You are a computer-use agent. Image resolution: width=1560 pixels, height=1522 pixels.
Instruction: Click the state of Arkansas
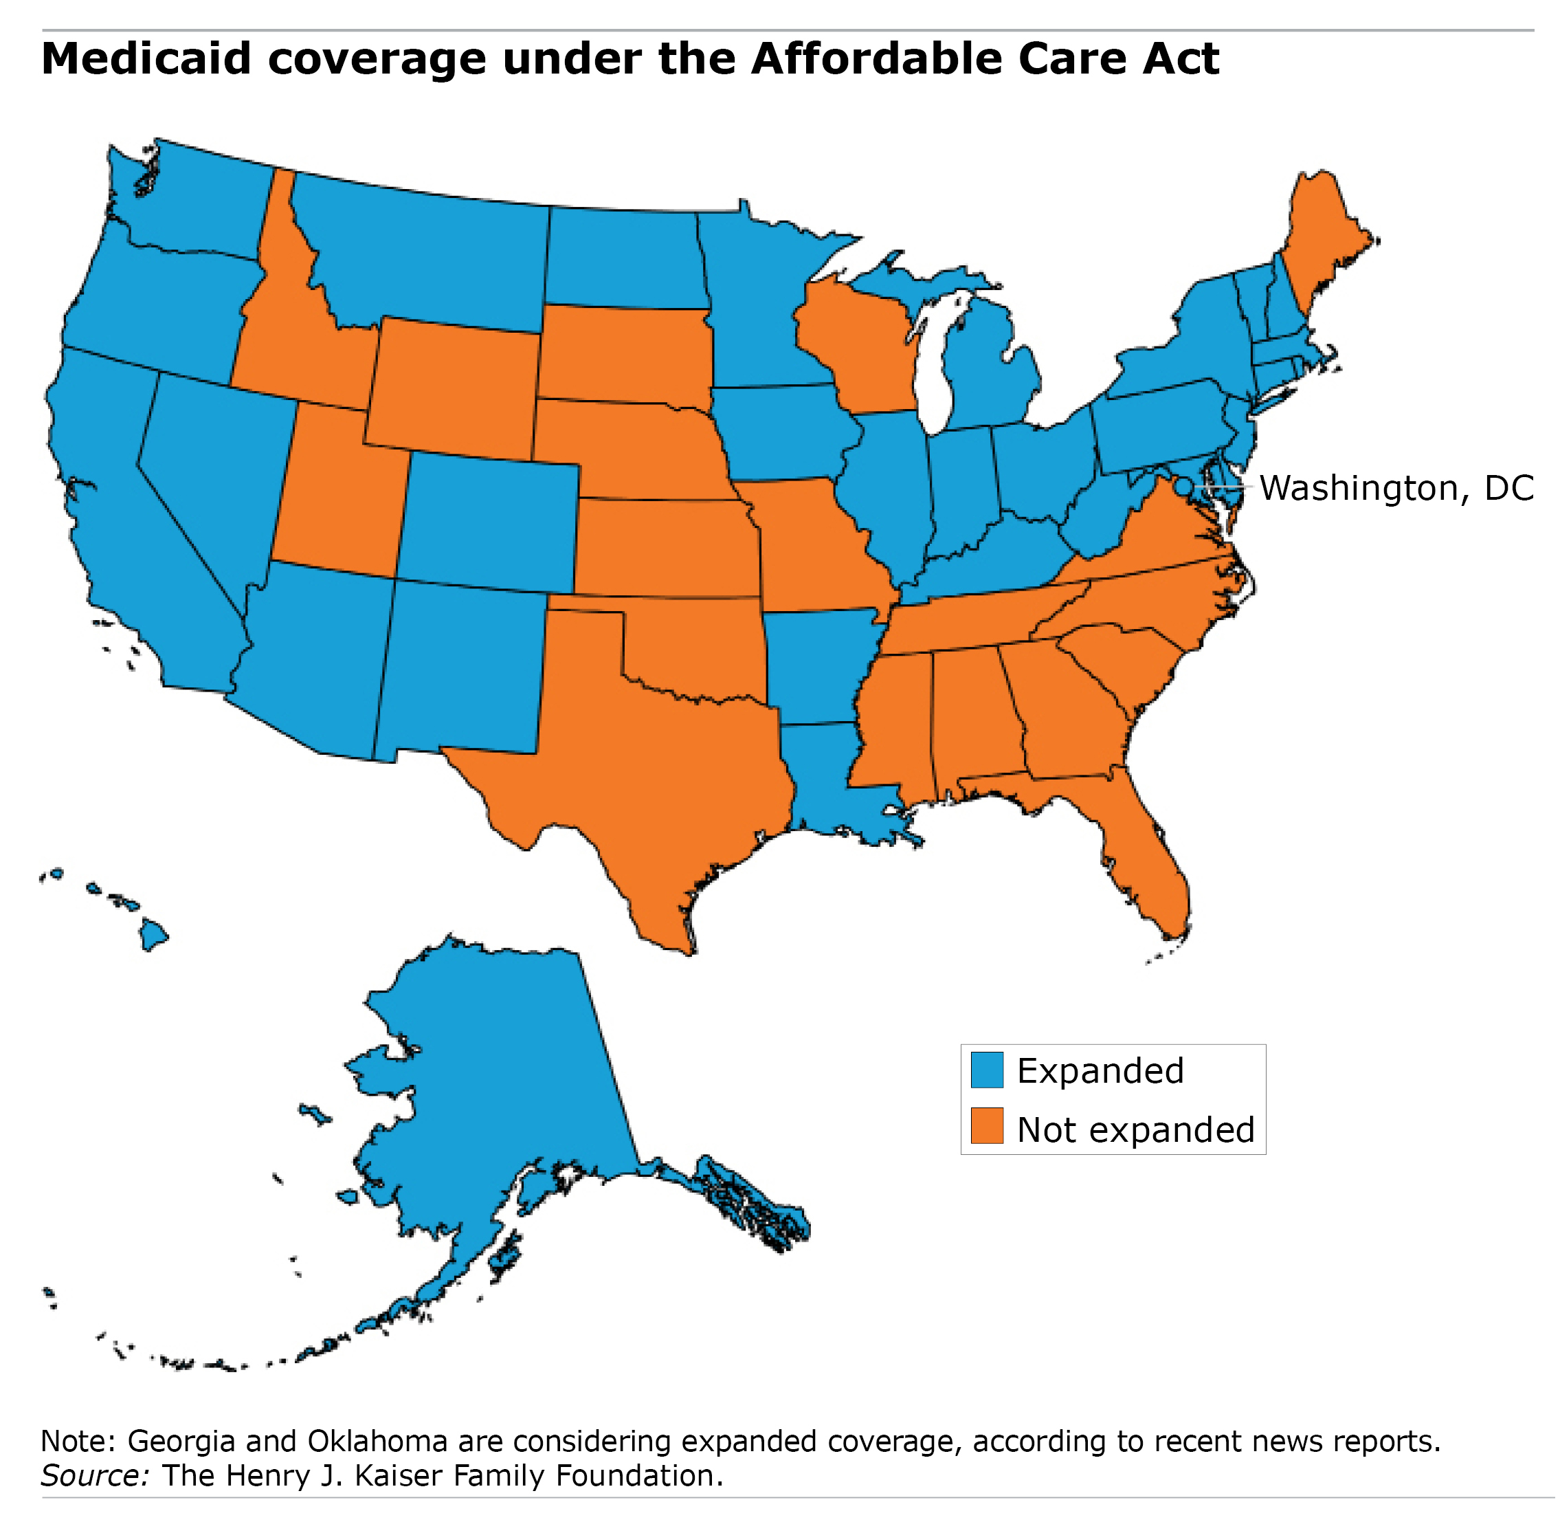[x=815, y=663]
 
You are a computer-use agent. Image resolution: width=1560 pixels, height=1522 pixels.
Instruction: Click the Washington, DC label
[x=1395, y=487]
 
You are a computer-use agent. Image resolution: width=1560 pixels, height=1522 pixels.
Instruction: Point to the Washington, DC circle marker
[x=1182, y=486]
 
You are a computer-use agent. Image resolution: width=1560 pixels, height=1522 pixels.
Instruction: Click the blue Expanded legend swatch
[x=986, y=1070]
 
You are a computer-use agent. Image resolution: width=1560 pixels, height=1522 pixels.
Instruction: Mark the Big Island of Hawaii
[x=153, y=933]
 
